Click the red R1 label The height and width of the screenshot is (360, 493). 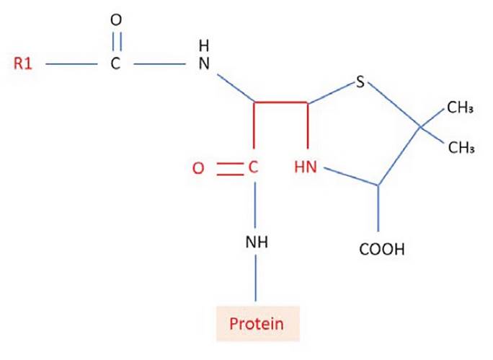pyautogui.click(x=25, y=64)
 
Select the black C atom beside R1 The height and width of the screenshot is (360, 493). pyautogui.click(x=116, y=64)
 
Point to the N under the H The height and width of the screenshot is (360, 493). pyautogui.click(x=203, y=64)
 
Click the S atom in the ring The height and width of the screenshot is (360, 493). pyautogui.click(x=361, y=83)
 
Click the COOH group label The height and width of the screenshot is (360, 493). pyautogui.click(x=381, y=250)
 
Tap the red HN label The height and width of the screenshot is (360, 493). pyautogui.click(x=306, y=168)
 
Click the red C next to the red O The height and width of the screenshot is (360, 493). pyautogui.click(x=253, y=168)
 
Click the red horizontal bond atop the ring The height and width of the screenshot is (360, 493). pyautogui.click(x=281, y=104)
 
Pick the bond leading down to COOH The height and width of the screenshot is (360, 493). pyautogui.click(x=379, y=212)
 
